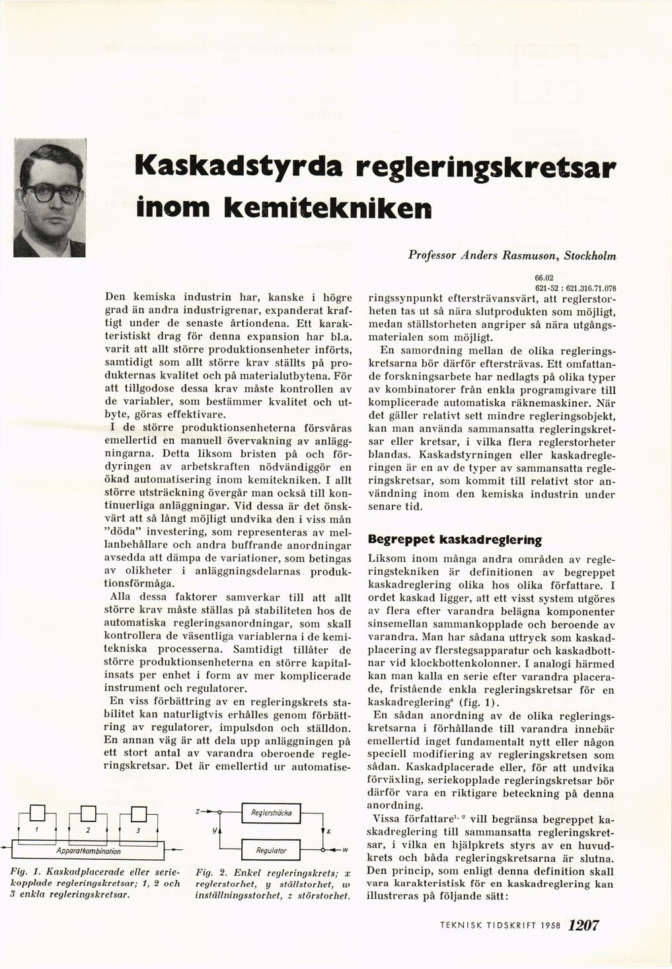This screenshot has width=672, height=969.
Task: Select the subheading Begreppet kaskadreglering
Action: click(x=455, y=539)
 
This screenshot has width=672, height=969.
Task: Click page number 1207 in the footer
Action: click(x=583, y=926)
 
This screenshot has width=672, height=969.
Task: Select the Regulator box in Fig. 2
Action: click(x=272, y=850)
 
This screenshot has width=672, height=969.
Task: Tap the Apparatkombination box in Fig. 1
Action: click(x=89, y=851)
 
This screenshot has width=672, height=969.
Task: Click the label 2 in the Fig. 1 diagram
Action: click(x=88, y=829)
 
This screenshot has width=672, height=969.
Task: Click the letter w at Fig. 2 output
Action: click(x=345, y=851)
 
